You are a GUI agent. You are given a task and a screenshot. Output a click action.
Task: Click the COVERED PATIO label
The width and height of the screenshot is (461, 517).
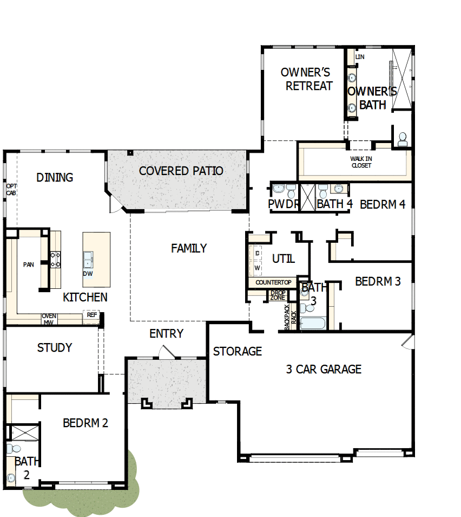[181, 171]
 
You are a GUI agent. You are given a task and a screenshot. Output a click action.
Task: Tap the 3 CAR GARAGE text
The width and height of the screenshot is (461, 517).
[324, 370]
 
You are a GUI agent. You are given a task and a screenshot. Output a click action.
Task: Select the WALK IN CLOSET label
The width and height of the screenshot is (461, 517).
[361, 162]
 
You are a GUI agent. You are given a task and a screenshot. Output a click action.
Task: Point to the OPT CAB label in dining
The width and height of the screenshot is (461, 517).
[11, 189]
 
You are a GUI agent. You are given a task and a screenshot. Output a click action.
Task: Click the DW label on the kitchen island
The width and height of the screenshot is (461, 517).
[88, 274]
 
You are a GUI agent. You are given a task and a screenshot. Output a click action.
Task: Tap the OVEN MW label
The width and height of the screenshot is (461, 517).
[49, 319]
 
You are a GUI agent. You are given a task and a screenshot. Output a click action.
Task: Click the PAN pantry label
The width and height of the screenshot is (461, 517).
[28, 265]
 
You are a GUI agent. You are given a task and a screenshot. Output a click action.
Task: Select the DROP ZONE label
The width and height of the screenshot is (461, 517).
[278, 295]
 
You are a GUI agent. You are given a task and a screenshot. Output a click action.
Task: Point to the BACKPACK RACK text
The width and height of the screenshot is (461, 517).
[290, 317]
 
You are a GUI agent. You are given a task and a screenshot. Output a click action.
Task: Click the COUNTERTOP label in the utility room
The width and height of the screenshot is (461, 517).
[273, 283]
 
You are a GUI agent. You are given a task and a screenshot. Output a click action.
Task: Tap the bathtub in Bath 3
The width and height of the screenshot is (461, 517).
[312, 324]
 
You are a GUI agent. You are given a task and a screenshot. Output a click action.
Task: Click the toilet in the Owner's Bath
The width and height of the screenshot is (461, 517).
[402, 139]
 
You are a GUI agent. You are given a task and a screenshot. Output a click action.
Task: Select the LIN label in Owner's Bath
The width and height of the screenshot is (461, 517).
[360, 56]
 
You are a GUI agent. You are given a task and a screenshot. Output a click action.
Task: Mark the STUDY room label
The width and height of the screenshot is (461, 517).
[54, 348]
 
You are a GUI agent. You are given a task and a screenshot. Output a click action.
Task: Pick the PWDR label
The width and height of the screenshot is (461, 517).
[284, 204]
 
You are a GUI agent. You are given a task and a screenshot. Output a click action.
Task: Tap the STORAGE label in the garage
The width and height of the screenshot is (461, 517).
[237, 352]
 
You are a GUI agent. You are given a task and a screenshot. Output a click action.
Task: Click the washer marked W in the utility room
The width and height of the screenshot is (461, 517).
[258, 268]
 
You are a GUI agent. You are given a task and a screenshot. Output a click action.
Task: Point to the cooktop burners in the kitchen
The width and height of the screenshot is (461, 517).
[55, 260]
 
